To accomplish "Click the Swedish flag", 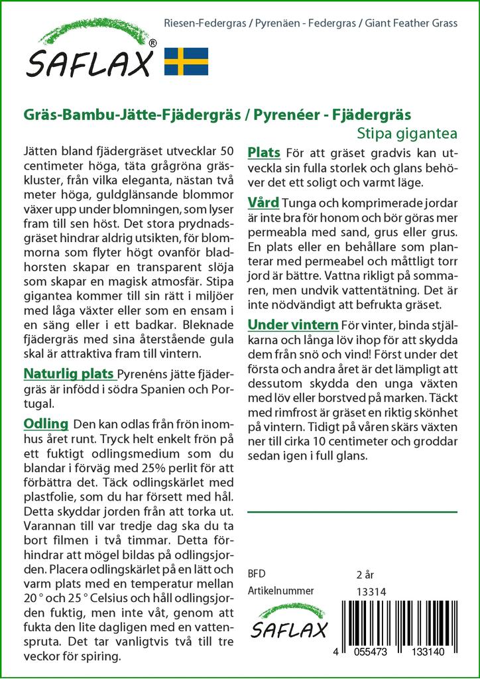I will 186,61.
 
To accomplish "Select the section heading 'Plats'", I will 264,153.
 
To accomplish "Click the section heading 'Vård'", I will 263,202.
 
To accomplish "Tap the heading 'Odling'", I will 46,423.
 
